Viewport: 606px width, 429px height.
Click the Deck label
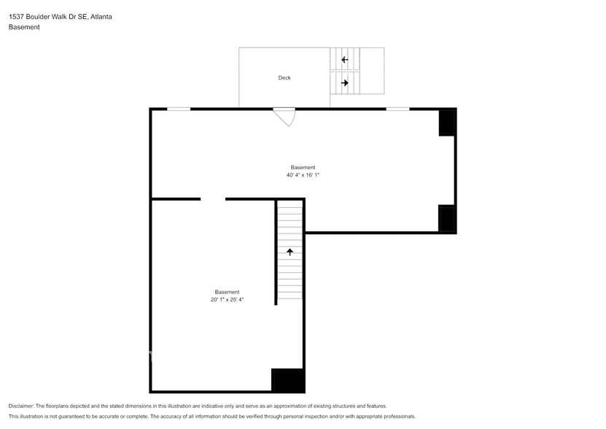[x=284, y=78]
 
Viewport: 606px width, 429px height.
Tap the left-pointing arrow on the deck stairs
[x=344, y=60]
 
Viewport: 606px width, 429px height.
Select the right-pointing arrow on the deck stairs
[x=345, y=83]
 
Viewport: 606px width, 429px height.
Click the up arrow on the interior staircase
[x=290, y=252]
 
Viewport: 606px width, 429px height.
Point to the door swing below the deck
[x=285, y=117]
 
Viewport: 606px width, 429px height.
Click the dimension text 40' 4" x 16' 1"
[x=303, y=175]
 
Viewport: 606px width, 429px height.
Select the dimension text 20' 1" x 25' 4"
[x=227, y=300]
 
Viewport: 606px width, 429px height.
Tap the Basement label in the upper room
[x=303, y=167]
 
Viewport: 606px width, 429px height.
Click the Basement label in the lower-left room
[x=227, y=292]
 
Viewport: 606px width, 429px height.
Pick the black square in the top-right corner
[x=447, y=123]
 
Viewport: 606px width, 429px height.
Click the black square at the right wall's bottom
[x=447, y=219]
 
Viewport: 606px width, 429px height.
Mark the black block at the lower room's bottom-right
[x=287, y=380]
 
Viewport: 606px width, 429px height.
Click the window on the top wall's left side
[x=179, y=109]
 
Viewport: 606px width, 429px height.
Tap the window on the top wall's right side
[x=397, y=109]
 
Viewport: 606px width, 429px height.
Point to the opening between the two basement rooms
[x=213, y=198]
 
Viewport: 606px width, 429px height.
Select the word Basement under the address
[x=24, y=27]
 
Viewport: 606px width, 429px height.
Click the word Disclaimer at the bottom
[x=21, y=406]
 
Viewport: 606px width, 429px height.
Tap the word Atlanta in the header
[x=101, y=16]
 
